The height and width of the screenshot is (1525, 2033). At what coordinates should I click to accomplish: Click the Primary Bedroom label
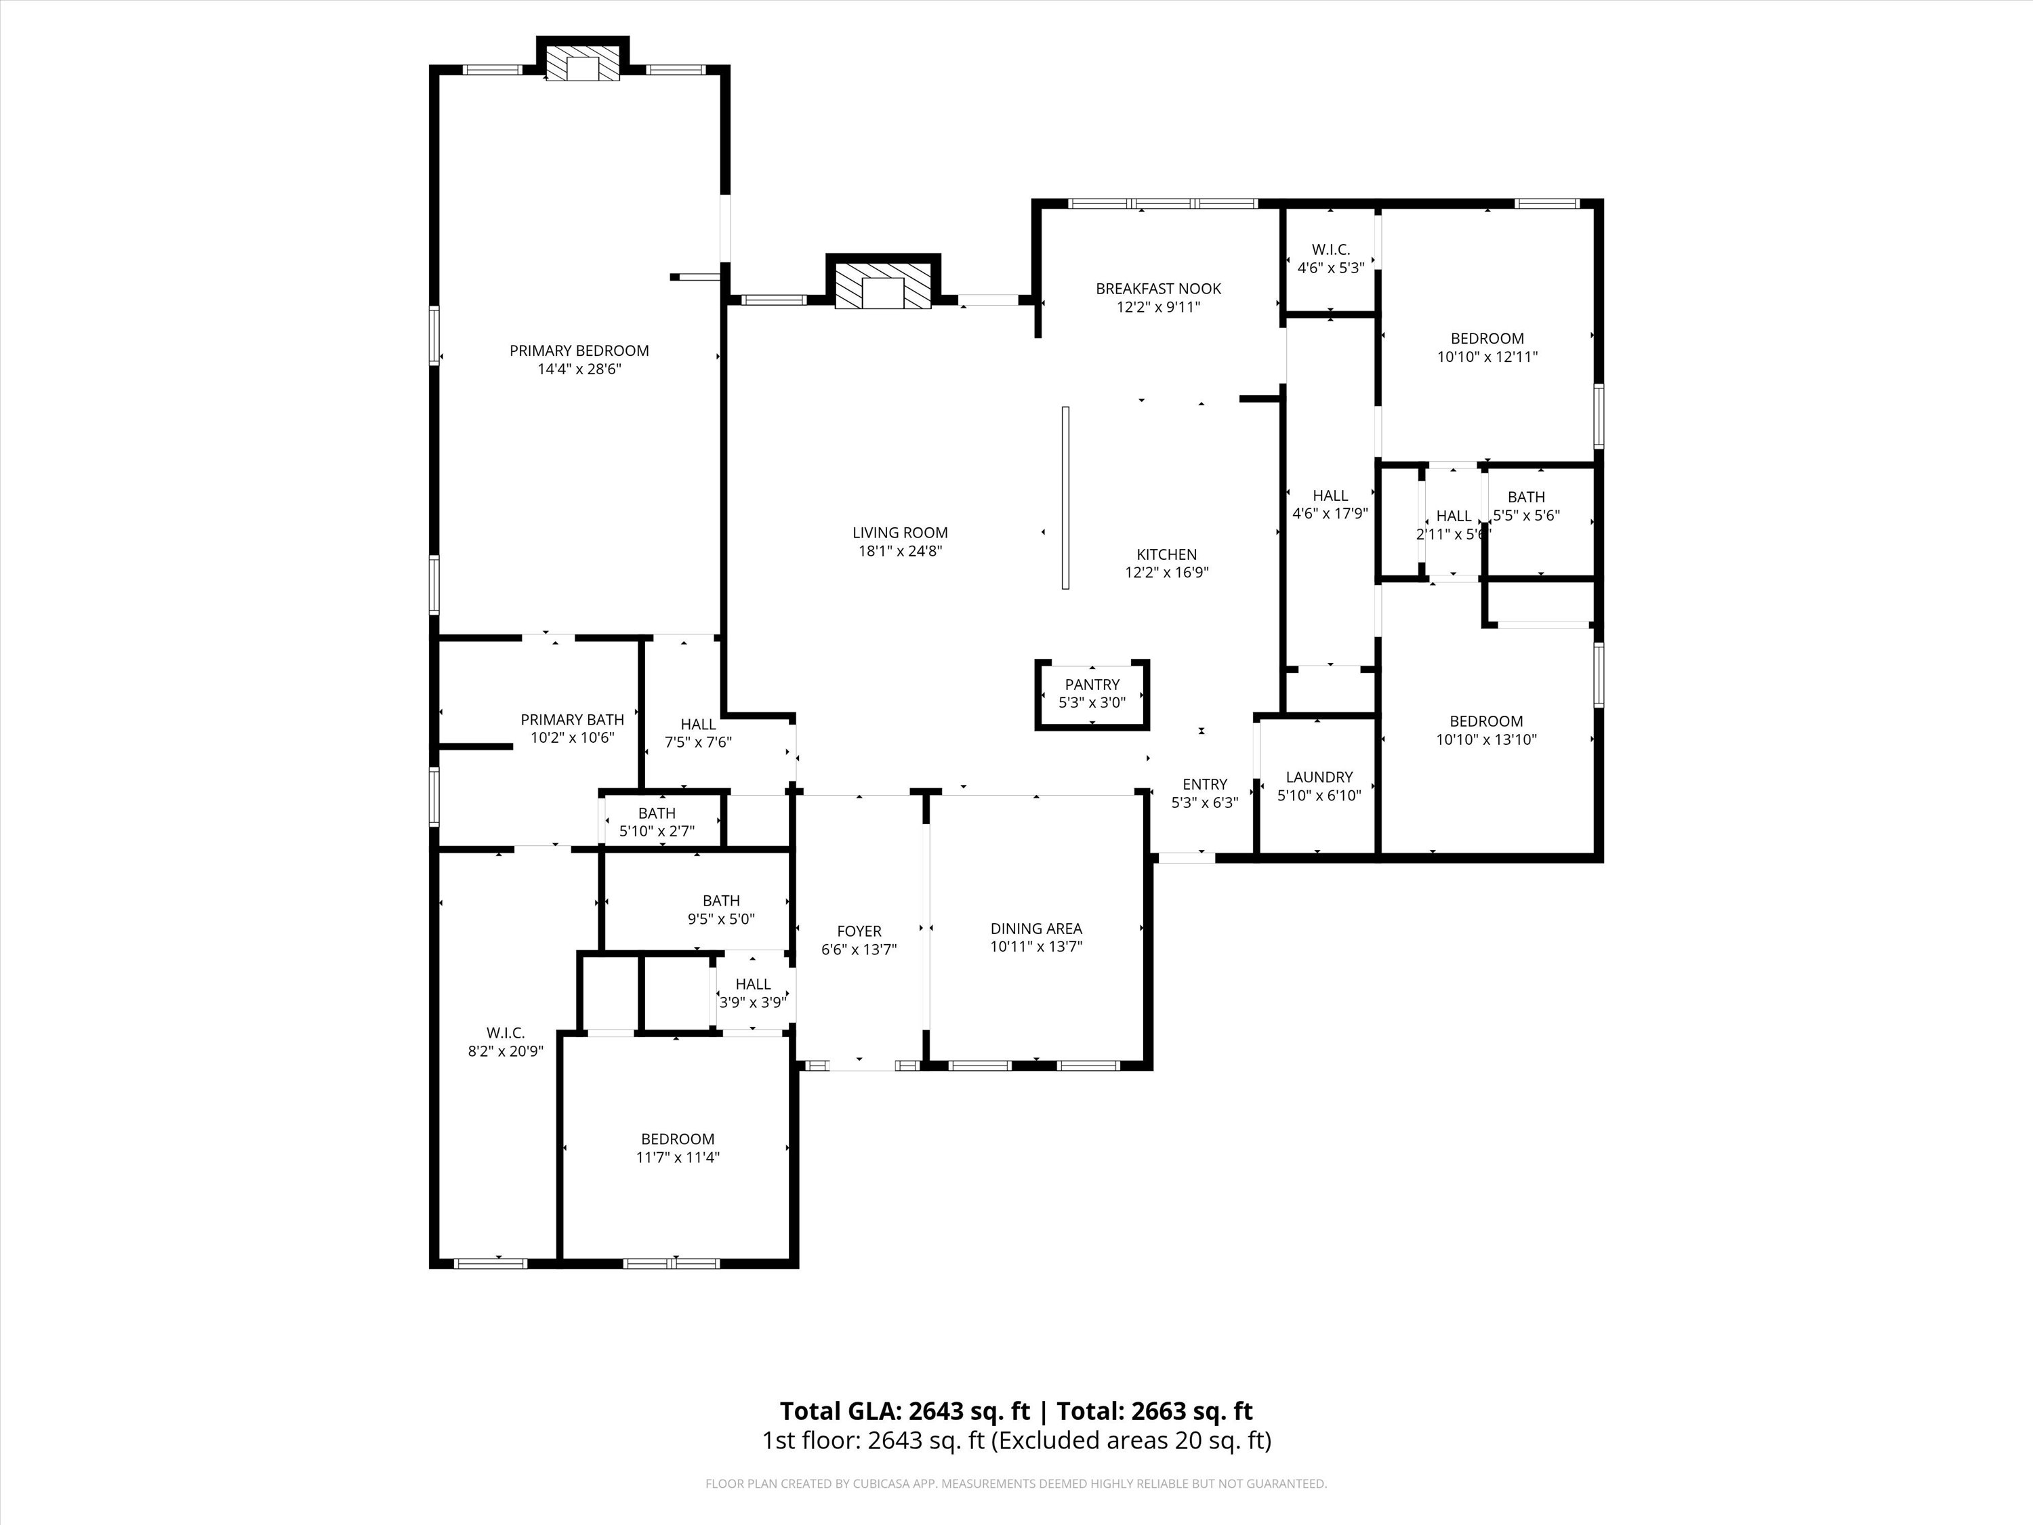pyautogui.click(x=579, y=350)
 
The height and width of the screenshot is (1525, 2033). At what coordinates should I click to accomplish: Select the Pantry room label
pyautogui.click(x=1092, y=685)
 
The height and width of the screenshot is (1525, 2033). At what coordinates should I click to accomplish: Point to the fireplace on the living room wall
pyautogui.click(x=883, y=287)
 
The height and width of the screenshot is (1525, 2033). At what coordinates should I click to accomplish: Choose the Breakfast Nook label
pyautogui.click(x=1158, y=289)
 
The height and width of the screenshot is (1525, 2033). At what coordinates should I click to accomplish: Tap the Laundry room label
pyautogui.click(x=1319, y=777)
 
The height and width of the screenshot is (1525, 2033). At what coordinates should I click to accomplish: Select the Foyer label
pyautogui.click(x=859, y=931)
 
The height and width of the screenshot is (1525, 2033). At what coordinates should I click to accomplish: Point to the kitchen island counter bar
pyautogui.click(x=1065, y=497)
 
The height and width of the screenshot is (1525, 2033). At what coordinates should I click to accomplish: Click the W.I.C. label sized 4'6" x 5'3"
pyautogui.click(x=1330, y=250)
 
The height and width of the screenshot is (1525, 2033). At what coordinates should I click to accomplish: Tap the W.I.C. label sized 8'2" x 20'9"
pyautogui.click(x=506, y=1033)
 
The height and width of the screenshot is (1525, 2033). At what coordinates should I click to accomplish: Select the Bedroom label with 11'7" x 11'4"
pyautogui.click(x=678, y=1139)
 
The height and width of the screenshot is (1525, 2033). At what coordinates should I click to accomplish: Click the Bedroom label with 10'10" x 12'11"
pyautogui.click(x=1487, y=338)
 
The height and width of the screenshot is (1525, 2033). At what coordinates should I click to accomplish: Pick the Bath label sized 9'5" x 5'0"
pyautogui.click(x=722, y=901)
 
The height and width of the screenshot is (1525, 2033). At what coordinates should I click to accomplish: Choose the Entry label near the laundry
pyautogui.click(x=1204, y=784)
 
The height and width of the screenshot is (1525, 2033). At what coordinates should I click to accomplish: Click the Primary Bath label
pyautogui.click(x=572, y=720)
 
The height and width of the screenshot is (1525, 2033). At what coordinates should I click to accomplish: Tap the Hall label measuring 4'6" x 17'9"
pyautogui.click(x=1330, y=495)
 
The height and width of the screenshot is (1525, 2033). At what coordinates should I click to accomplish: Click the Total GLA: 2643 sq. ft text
pyautogui.click(x=905, y=1411)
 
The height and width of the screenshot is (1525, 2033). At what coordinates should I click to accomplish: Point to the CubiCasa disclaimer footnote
pyautogui.click(x=1016, y=1484)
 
